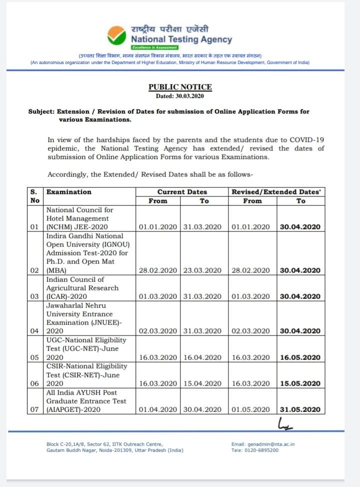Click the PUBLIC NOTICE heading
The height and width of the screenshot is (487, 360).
coord(180,87)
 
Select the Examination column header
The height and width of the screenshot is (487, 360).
coord(69,192)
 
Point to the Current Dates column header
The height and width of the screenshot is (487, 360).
coord(182,192)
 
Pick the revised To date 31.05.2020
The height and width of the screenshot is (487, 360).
coord(300,410)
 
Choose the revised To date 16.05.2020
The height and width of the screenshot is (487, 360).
coord(300,357)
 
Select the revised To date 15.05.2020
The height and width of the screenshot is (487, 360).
coord(300,383)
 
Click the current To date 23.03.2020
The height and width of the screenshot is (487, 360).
coord(202,270)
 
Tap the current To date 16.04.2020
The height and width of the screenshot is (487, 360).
coord(202,357)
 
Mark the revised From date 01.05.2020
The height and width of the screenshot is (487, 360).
coord(251,410)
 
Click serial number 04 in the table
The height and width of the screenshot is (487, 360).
coord(34,331)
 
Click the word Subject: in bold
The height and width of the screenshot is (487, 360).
coord(41,111)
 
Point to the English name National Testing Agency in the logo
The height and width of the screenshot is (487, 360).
coord(181,39)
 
